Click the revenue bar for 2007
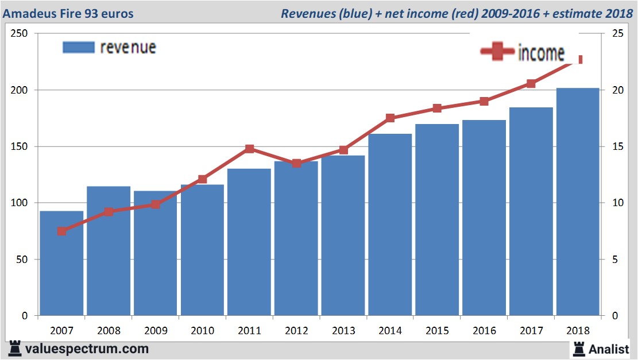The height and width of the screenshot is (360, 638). point(61,264)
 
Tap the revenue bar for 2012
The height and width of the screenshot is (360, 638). point(296,238)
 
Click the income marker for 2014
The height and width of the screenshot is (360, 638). point(390,118)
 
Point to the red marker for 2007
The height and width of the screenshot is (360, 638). point(62,231)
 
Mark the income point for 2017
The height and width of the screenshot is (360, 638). point(531,84)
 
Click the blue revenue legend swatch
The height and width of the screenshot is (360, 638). point(78,48)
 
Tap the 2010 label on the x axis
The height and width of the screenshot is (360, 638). point(202,331)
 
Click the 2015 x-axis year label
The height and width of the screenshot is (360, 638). point(437,331)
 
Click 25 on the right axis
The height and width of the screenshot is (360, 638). point(618,34)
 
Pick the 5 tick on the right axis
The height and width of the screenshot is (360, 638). point(615,260)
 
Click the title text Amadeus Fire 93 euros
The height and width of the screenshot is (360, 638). point(68,13)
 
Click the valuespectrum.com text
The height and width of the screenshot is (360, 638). point(87,349)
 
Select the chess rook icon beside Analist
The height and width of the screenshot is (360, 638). point(578,349)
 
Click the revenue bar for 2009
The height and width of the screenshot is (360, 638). point(156,253)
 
